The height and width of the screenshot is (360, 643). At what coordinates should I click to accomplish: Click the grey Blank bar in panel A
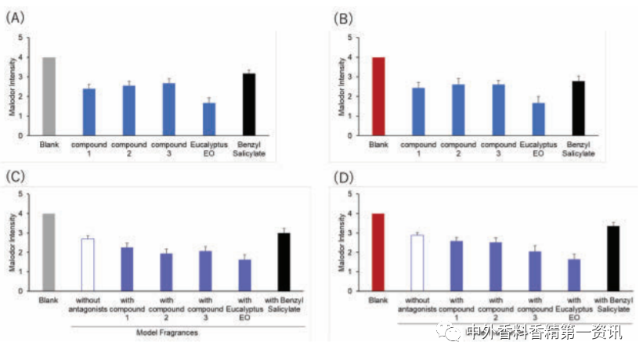[49, 96]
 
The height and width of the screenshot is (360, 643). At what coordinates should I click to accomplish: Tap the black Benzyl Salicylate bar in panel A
[248, 104]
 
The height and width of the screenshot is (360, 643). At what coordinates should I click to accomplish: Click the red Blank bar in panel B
[377, 96]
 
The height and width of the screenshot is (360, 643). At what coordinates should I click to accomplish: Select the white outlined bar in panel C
[88, 265]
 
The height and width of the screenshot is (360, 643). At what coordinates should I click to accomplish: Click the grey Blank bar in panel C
[49, 252]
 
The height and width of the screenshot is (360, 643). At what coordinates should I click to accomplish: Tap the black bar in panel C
[284, 261]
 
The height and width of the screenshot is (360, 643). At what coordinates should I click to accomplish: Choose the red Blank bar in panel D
[377, 252]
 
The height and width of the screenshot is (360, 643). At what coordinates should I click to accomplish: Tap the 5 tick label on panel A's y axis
[31, 38]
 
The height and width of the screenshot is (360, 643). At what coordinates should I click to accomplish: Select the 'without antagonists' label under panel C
[88, 304]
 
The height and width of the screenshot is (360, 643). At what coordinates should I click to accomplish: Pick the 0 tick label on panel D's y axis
[359, 291]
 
